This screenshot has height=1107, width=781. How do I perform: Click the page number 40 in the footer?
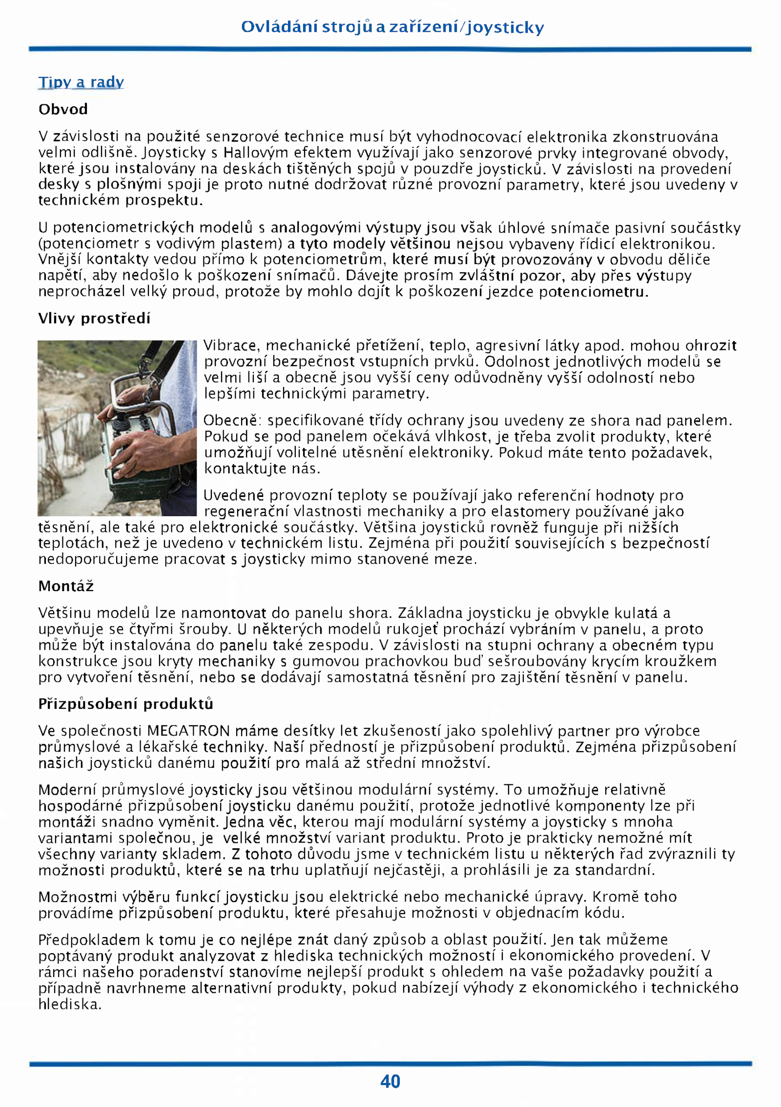click(x=390, y=1081)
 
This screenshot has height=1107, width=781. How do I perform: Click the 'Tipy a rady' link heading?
click(x=81, y=82)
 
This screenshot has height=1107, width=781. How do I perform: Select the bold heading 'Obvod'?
click(x=63, y=109)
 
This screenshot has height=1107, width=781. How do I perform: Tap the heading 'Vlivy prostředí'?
click(x=94, y=318)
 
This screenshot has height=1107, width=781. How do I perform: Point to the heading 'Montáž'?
click(x=66, y=586)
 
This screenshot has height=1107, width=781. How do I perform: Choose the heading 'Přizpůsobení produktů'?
click(x=125, y=703)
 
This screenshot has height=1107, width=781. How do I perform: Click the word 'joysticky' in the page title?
click(x=505, y=27)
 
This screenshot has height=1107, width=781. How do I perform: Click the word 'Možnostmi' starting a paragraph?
click(x=78, y=897)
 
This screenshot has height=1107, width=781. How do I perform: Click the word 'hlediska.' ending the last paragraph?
click(x=70, y=1004)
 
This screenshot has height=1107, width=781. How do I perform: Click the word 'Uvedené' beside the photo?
click(x=234, y=495)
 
